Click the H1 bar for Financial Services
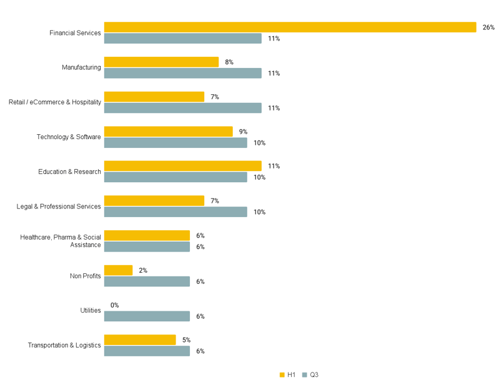click(290, 27)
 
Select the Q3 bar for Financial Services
click(182, 39)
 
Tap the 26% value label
click(488, 27)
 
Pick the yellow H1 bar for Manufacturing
click(161, 62)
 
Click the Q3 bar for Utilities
click(147, 316)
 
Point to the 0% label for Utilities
click(114, 305)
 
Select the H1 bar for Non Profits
click(118, 270)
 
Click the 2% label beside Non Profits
click(142, 270)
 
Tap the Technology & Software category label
click(69, 137)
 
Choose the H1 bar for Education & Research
click(182, 166)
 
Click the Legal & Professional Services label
click(59, 207)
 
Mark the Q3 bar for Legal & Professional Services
click(175, 212)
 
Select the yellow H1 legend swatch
click(282, 375)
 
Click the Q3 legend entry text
click(314, 375)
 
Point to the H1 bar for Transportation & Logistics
click(140, 340)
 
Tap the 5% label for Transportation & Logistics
click(186, 340)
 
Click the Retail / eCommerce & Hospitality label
click(55, 102)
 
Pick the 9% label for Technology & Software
click(243, 132)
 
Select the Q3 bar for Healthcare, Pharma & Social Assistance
click(147, 247)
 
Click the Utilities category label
click(91, 311)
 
